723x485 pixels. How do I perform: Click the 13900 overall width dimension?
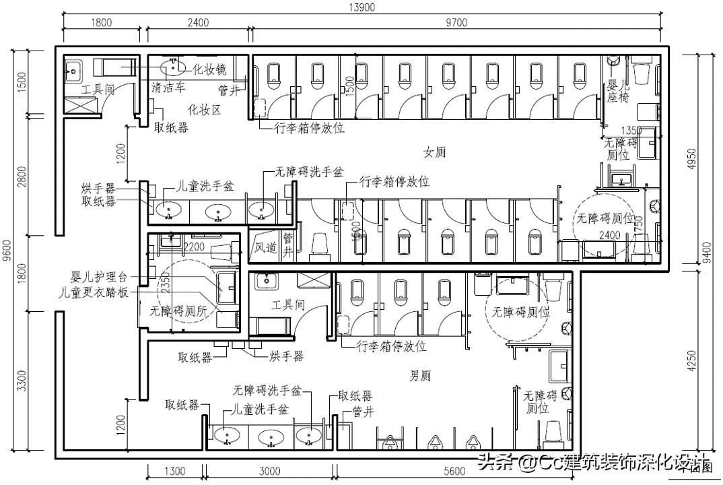pyautogui.click(x=362, y=7)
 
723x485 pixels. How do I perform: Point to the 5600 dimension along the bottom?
pyautogui.click(x=454, y=472)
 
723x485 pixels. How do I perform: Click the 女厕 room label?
pyautogui.click(x=434, y=152)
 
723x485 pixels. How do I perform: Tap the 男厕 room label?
pyautogui.click(x=421, y=375)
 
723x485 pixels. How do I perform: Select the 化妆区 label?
pyautogui.click(x=204, y=110)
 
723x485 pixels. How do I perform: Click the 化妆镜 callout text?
pyautogui.click(x=209, y=69)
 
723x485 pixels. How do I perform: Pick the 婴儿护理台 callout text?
pyautogui.click(x=100, y=278)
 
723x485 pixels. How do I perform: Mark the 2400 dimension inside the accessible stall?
pyautogui.click(x=609, y=235)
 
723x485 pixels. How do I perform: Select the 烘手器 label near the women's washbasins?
pyautogui.click(x=98, y=188)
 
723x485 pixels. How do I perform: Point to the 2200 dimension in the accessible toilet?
pyautogui.click(x=193, y=247)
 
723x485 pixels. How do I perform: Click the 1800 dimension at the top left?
pyautogui.click(x=101, y=22)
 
